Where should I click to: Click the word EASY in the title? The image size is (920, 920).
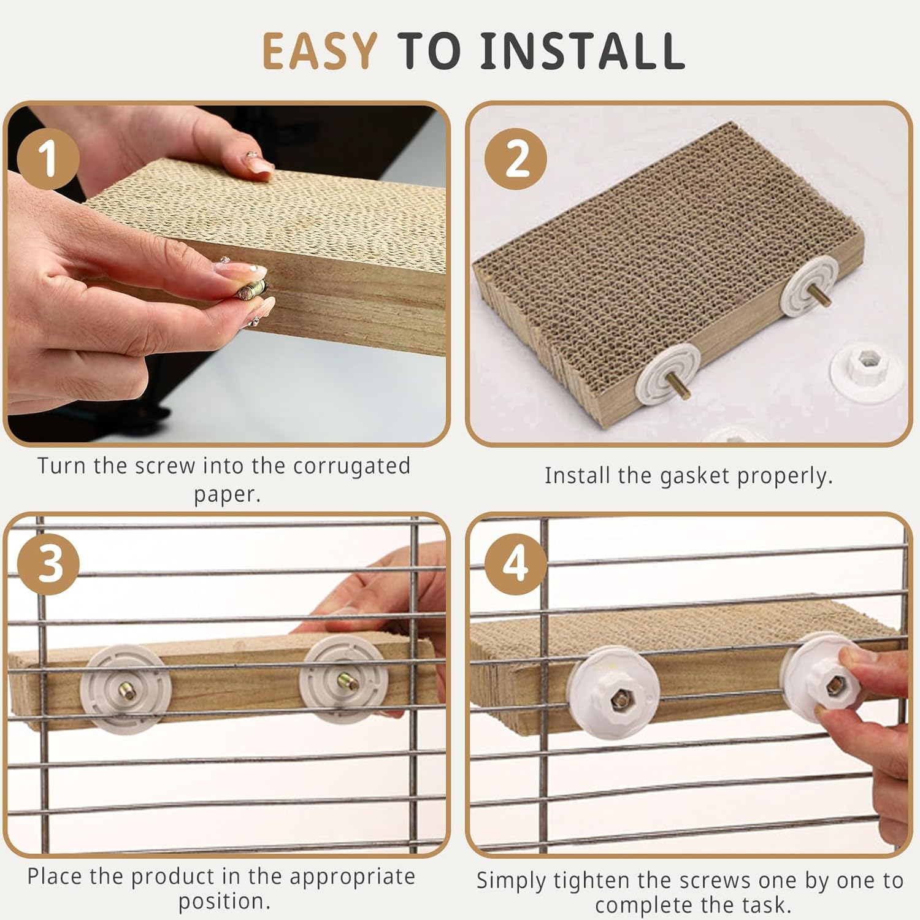tap(320, 50)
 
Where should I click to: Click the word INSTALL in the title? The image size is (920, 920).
tap(582, 50)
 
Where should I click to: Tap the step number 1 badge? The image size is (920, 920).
tap(48, 159)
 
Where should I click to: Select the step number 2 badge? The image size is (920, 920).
tap(516, 159)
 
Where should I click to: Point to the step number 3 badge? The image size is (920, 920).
tap(48, 564)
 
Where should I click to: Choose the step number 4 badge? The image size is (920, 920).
tap(516, 564)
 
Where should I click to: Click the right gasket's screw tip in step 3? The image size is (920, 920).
tap(340, 679)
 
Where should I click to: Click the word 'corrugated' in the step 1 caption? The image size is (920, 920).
tap(351, 466)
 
